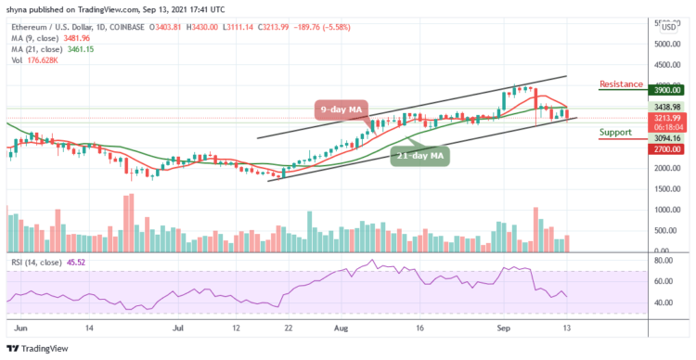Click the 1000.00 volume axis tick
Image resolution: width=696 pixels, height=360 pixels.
click(x=667, y=210)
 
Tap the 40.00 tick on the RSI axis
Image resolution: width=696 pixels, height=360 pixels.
click(x=664, y=302)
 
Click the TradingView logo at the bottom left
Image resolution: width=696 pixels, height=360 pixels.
click(x=39, y=348)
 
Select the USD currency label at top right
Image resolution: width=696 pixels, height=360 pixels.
click(x=667, y=27)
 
